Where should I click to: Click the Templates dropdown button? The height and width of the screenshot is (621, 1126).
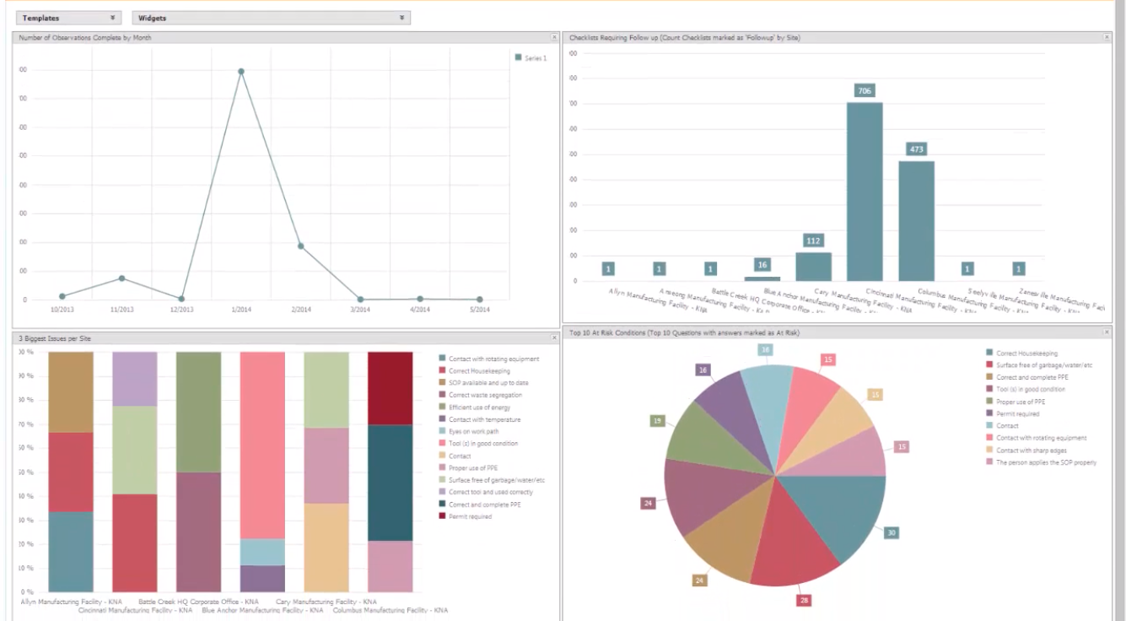pyautogui.click(x=68, y=18)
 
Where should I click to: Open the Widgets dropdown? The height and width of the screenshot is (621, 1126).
pyautogui.click(x=271, y=18)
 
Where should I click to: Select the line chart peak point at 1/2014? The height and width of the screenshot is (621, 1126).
pyautogui.click(x=241, y=72)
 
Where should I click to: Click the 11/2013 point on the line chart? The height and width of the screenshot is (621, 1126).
pyautogui.click(x=122, y=278)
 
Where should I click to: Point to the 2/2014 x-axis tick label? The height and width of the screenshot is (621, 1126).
pyautogui.click(x=301, y=310)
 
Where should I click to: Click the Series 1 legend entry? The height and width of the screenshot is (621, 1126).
pyautogui.click(x=531, y=58)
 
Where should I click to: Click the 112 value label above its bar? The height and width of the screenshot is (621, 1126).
pyautogui.click(x=813, y=240)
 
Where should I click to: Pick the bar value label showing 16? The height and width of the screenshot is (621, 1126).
pyautogui.click(x=762, y=265)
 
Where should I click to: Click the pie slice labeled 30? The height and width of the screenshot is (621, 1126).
pyautogui.click(x=835, y=515)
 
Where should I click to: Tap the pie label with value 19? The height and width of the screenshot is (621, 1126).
pyautogui.click(x=657, y=420)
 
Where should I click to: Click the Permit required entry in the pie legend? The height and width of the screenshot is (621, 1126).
pyautogui.click(x=1018, y=413)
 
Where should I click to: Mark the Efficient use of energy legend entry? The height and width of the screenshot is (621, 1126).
pyautogui.click(x=479, y=408)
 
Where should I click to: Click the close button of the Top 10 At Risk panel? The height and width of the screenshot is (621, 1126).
pyautogui.click(x=1107, y=333)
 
